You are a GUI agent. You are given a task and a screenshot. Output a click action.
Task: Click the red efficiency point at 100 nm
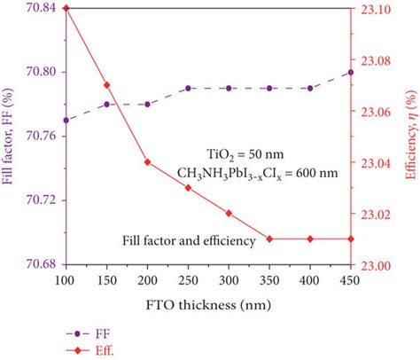(66, 7)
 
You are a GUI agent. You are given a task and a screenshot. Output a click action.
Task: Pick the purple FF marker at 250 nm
(188, 88)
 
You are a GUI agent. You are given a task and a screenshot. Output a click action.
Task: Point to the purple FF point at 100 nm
(66, 120)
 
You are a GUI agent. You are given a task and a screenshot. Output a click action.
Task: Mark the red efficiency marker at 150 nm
(106, 85)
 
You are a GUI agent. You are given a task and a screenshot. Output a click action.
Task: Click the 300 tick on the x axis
(229, 280)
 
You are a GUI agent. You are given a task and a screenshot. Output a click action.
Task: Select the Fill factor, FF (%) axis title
(9, 137)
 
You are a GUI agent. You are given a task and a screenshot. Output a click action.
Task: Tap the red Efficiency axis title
(410, 137)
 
